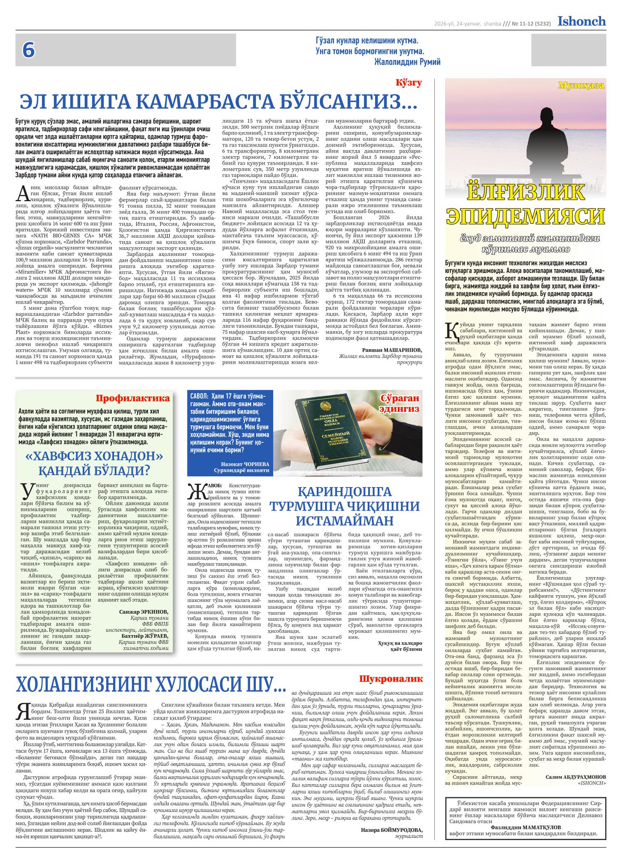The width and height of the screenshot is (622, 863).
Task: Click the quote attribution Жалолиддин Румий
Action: click(407, 62)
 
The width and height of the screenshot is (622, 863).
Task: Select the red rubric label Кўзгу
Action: click(408, 83)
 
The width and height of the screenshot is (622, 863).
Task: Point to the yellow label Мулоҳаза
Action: click(581, 86)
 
